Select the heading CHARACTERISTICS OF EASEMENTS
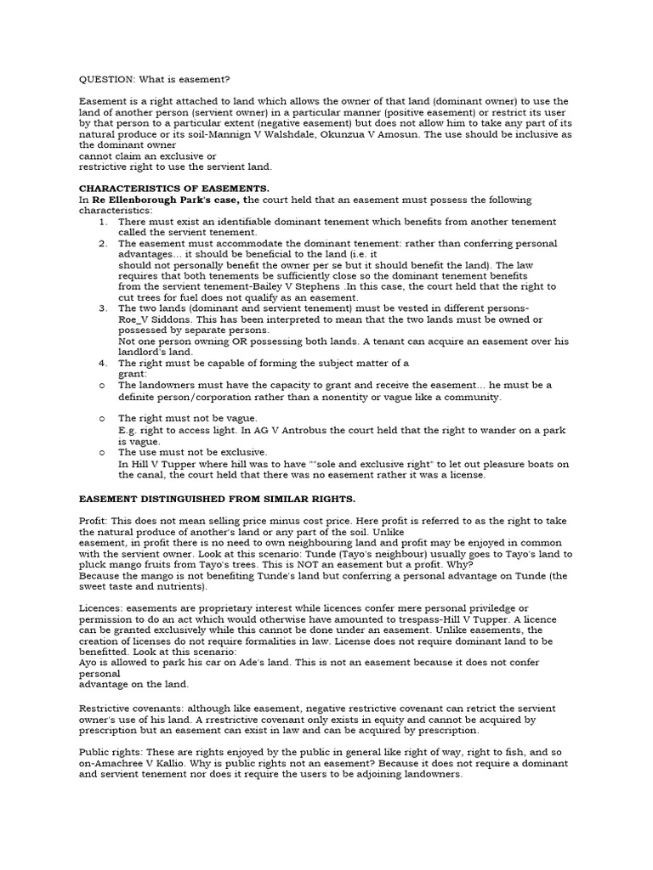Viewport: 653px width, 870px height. tap(174, 189)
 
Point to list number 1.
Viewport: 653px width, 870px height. tap(102, 222)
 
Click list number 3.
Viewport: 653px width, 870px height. tap(102, 309)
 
